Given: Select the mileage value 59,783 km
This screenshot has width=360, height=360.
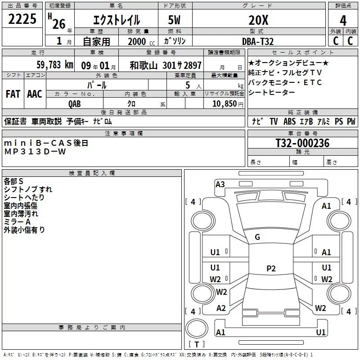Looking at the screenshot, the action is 55,65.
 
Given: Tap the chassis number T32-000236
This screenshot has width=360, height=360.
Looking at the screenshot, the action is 302,143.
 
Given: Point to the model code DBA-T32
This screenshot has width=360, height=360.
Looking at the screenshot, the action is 258,41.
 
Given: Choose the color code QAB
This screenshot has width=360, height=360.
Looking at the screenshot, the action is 75,103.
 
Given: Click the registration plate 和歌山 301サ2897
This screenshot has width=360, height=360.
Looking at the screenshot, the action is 166,65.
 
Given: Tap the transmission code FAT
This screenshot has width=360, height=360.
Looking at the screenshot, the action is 13,94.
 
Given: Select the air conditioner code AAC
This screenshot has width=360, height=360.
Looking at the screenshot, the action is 34,94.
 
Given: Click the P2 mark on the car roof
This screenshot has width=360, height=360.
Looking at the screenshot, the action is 270,269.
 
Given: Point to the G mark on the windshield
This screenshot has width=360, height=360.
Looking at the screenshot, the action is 257,237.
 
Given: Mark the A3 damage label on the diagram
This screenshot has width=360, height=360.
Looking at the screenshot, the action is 220,184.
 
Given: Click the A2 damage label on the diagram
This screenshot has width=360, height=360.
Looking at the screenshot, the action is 221,308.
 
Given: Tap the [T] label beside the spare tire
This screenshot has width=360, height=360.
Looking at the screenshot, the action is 196,345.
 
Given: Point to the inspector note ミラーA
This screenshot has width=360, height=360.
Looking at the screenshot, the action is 17,222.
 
